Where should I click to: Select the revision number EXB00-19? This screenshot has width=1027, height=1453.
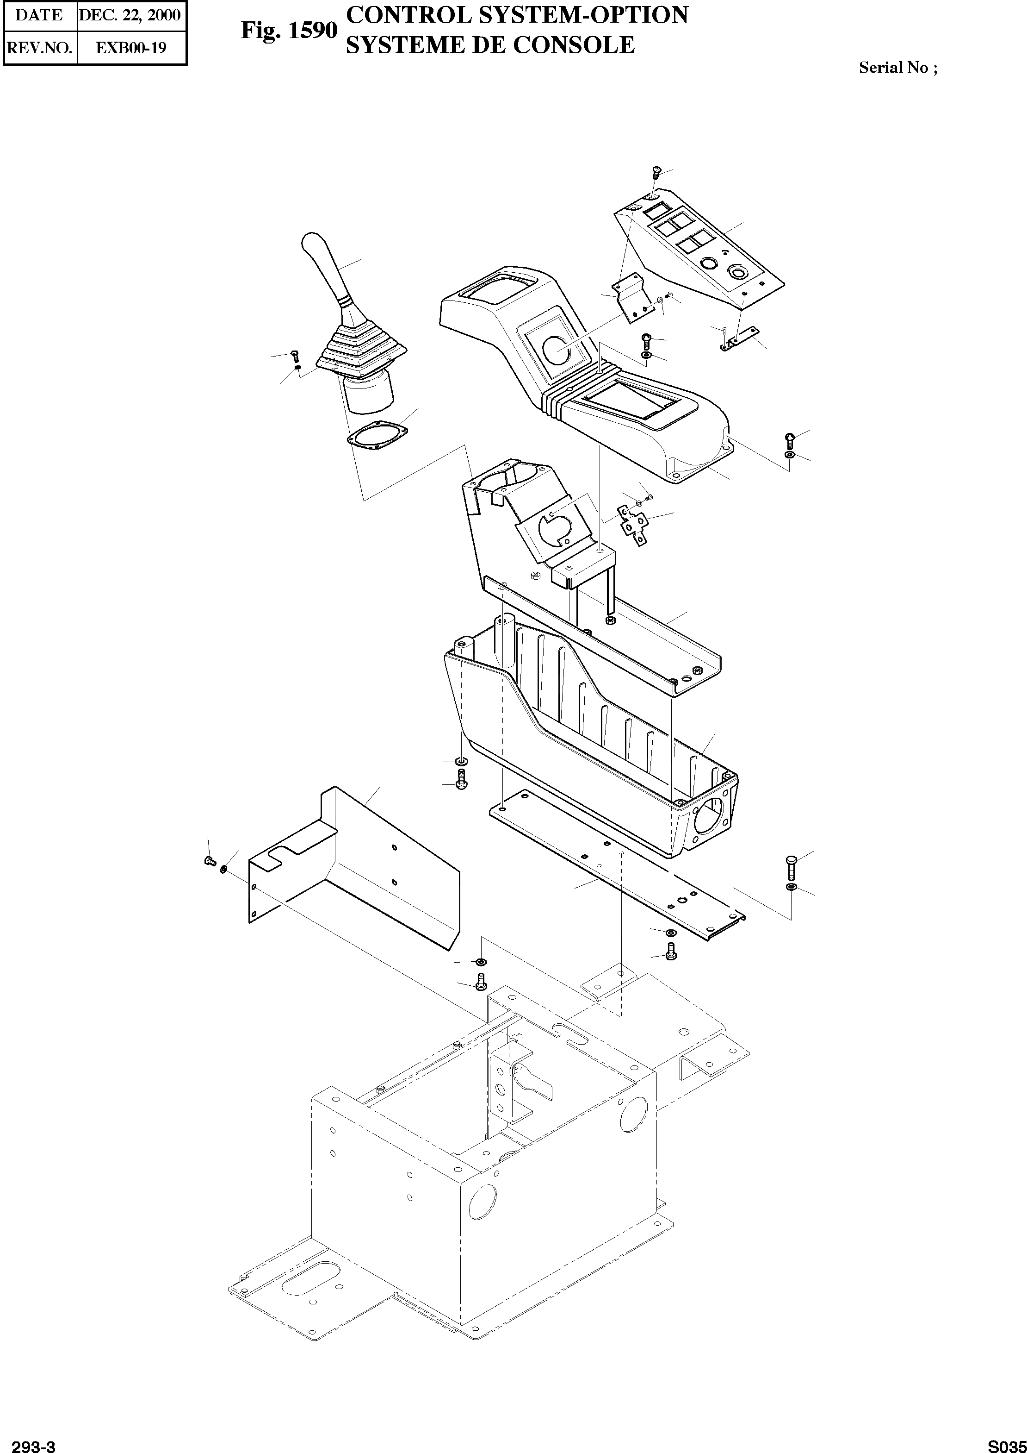point(131,48)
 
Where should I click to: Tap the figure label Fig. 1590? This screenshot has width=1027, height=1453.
point(288,31)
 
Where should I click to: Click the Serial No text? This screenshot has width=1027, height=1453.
point(897,68)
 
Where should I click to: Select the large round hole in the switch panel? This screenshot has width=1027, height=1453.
point(737,272)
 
